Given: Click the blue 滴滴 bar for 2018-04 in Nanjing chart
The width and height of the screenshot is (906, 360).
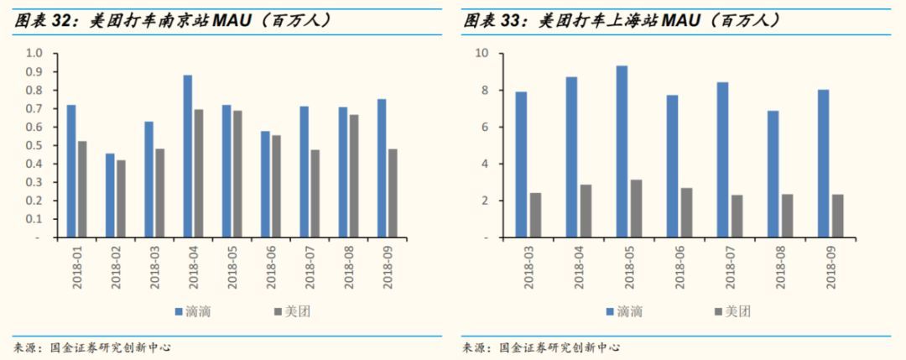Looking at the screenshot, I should point(188,156).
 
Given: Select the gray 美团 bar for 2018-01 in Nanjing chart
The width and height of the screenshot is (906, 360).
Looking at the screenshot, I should point(82,189).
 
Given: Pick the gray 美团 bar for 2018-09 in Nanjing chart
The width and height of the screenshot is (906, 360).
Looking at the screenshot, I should point(392,193).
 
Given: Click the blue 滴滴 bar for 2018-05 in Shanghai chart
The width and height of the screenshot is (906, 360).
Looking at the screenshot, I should point(622,151).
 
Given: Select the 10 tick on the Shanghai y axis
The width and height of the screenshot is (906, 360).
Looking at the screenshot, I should point(482,53).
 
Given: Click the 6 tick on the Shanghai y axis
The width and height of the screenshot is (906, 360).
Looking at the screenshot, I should point(484,127).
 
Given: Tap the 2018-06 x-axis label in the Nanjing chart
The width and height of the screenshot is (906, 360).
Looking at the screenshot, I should point(267,266).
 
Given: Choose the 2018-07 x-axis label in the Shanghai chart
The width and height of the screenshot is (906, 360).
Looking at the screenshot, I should point(730,266).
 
